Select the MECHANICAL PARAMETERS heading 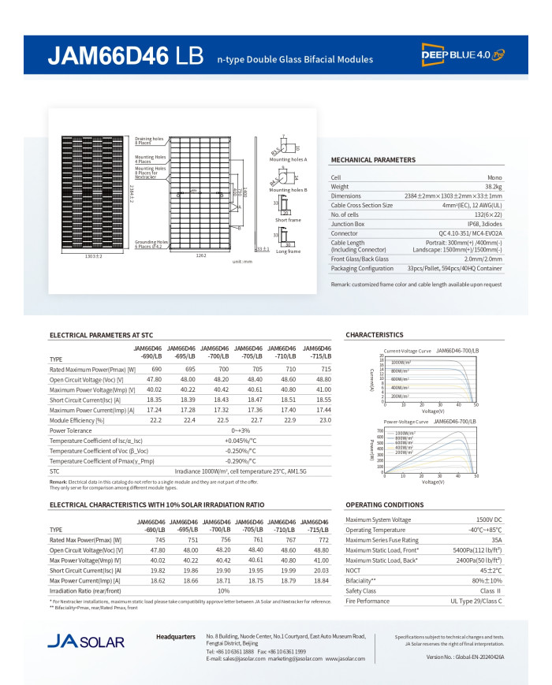(x=373, y=160)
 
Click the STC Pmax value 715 (x=315, y=369)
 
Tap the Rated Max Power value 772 (x=323, y=539)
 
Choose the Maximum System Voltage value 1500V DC (x=489, y=519)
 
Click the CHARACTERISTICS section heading (x=374, y=335)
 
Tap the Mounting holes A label (x=288, y=159)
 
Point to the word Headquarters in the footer (x=176, y=635)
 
